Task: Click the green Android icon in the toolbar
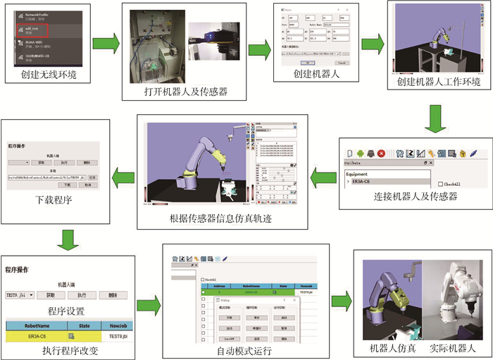360,153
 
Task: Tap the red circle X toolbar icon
381,153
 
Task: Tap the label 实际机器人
452,348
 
